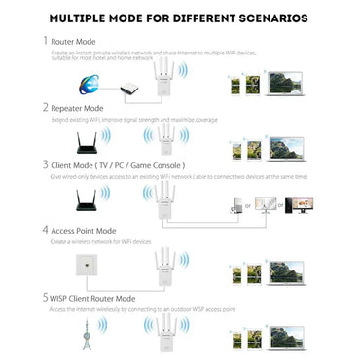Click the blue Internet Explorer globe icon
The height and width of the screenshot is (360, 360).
click(93, 86)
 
